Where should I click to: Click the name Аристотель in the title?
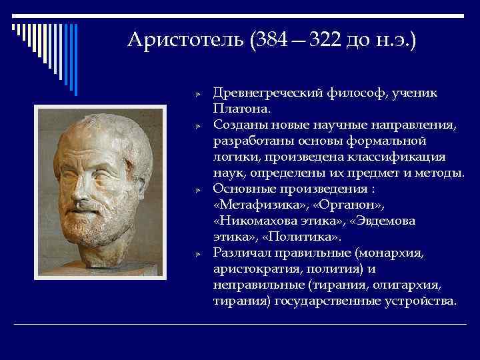[x=187, y=41]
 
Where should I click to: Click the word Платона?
[x=239, y=108]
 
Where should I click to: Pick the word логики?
[x=235, y=157]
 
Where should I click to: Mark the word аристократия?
[x=257, y=269]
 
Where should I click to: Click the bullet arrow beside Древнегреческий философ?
[x=197, y=94]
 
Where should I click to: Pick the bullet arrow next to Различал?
[x=197, y=254]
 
